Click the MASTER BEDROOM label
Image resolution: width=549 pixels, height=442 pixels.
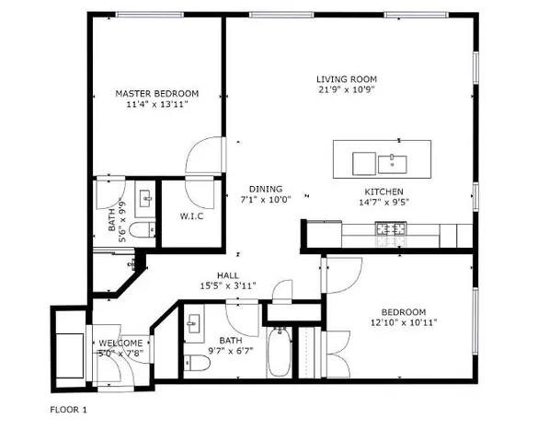(x=157, y=93)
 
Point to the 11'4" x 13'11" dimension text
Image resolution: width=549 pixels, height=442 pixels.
(x=157, y=104)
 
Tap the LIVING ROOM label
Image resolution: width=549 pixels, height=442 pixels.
(x=346, y=79)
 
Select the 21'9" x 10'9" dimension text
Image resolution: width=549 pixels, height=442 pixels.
(x=346, y=90)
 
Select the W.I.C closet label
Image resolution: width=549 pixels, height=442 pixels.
(x=191, y=216)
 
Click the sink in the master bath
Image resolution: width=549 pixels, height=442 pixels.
(x=145, y=198)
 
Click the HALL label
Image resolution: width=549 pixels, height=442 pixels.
(x=228, y=275)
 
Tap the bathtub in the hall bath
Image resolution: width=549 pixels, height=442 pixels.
(x=280, y=354)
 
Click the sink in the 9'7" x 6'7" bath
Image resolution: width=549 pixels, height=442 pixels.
(x=193, y=324)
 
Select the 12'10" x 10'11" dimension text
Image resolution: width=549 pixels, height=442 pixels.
(x=405, y=322)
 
